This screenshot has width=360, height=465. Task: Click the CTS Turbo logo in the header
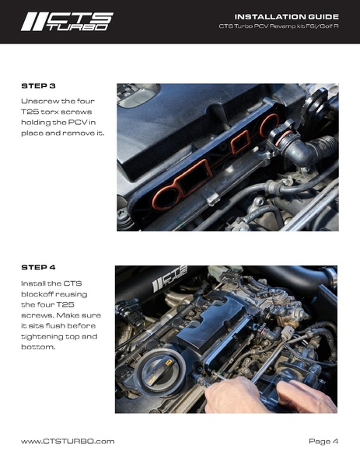point(66,21)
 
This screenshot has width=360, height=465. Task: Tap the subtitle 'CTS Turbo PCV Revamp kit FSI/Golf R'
point(278,27)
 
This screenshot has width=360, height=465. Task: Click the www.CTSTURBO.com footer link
point(68,441)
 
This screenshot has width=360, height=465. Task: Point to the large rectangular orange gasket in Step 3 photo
point(185,187)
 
